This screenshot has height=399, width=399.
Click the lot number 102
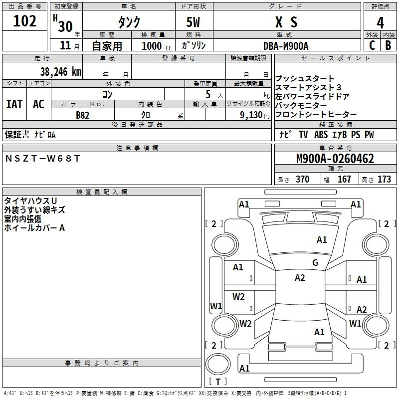coord(25,21)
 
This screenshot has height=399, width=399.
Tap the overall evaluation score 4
coord(380,22)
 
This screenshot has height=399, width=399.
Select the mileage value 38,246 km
coord(61,72)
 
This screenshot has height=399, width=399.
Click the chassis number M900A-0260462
coord(335,159)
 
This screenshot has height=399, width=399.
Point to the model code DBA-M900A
coord(286,45)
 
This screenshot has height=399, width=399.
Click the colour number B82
coord(83,115)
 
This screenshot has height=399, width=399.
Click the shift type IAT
coord(14,104)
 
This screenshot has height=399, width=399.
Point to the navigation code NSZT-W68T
coord(42,158)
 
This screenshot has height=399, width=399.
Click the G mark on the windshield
coord(315,263)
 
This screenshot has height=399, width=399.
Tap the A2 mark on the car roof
coord(300,278)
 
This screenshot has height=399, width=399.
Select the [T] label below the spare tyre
coord(218,382)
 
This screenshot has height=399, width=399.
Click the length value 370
coord(302,180)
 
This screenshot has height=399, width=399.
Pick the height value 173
coord(384,180)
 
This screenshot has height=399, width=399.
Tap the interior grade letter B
coord(388,45)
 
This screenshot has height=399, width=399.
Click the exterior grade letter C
coord(372,45)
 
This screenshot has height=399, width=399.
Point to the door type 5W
coord(194,22)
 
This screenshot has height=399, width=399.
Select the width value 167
coord(344,180)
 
